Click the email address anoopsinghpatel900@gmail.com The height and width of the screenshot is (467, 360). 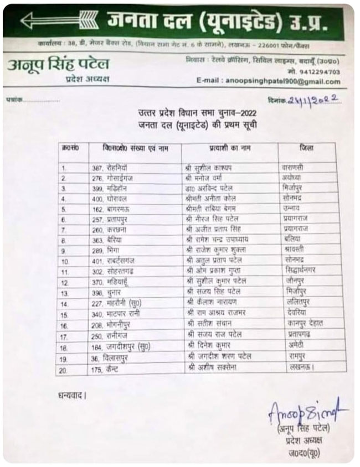[282, 81]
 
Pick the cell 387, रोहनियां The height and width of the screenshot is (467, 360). [110, 167]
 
